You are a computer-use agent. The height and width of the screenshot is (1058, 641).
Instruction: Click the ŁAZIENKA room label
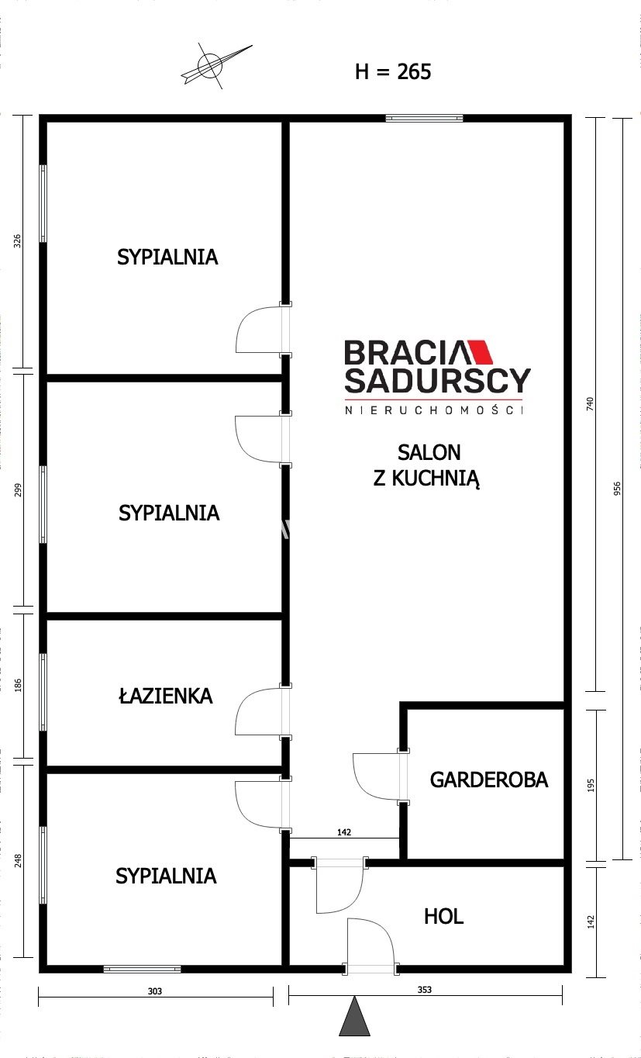(165, 695)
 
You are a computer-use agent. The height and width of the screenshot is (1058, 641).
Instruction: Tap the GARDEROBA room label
(489, 780)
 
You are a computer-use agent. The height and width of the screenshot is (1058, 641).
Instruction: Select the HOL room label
(443, 916)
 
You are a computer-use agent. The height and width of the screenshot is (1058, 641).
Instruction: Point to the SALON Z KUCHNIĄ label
(427, 465)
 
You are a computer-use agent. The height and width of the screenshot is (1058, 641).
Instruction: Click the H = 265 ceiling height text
(393, 72)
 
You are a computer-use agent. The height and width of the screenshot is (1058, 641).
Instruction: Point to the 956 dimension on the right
(617, 489)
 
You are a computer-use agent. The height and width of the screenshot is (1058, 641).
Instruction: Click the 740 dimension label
(590, 404)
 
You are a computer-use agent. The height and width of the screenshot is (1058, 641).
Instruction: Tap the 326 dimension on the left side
(18, 241)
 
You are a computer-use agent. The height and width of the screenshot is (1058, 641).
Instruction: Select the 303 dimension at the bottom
(155, 991)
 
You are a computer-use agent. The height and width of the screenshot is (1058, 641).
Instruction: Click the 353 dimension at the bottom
(424, 990)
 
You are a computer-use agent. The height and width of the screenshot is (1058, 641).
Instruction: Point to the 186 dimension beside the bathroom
(18, 686)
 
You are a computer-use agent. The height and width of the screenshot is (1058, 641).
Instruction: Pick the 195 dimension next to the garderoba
(591, 786)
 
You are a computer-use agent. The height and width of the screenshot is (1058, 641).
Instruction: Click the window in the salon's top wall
(424, 118)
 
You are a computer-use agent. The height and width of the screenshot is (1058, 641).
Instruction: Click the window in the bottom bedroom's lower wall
(142, 970)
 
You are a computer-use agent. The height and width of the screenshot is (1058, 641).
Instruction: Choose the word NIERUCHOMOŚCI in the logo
(434, 410)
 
